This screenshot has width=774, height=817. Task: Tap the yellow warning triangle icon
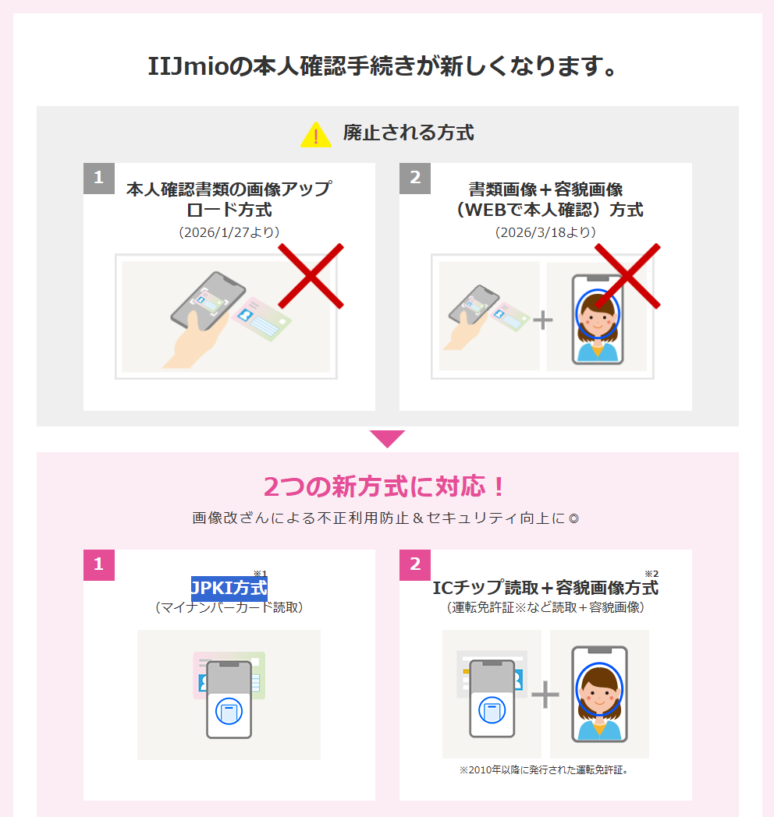(x=316, y=135)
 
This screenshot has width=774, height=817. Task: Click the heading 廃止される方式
(x=408, y=133)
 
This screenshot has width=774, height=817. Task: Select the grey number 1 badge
(x=98, y=178)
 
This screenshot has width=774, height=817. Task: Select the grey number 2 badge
(x=414, y=178)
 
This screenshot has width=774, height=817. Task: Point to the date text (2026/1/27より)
(x=229, y=232)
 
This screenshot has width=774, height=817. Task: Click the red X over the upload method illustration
(x=311, y=276)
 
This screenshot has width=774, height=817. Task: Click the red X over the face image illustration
(x=627, y=276)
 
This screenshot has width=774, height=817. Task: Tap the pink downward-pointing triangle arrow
(x=387, y=439)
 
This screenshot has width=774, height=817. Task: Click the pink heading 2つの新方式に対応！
(x=386, y=487)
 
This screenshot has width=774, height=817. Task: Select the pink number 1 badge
(x=98, y=565)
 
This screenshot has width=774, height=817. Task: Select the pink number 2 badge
(x=414, y=565)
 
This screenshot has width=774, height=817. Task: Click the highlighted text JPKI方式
(x=229, y=587)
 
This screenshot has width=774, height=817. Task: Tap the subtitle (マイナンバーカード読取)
(x=229, y=607)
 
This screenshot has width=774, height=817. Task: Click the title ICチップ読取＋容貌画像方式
(x=545, y=587)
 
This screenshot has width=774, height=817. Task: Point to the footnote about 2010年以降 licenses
(x=545, y=770)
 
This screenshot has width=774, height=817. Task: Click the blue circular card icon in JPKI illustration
(x=229, y=711)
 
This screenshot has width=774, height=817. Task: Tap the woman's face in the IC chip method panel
(x=599, y=691)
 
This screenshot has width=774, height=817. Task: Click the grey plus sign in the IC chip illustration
(x=545, y=695)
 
